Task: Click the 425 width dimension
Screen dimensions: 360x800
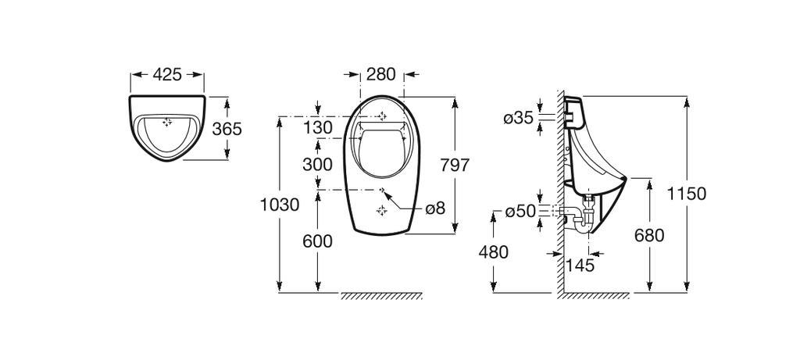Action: [167, 75]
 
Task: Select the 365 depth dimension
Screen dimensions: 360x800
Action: [227, 129]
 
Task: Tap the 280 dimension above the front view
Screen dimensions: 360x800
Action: [381, 75]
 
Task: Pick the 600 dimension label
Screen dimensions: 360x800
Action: [318, 241]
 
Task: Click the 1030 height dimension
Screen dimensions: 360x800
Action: [280, 205]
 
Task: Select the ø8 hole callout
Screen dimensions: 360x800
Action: [434, 209]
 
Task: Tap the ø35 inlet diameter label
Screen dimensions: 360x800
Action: [519, 118]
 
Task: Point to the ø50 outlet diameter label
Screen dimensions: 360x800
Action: [519, 212]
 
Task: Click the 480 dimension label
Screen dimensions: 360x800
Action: [493, 252]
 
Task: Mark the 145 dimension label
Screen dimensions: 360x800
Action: [579, 266]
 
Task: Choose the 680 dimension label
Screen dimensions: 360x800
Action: [649, 235]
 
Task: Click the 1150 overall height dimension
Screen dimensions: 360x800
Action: [687, 193]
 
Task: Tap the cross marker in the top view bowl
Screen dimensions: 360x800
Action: [166, 122]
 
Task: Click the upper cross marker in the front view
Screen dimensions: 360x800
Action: [381, 116]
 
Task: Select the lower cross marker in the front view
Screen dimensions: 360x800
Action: [381, 209]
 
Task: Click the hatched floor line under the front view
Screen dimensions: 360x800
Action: [382, 296]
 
